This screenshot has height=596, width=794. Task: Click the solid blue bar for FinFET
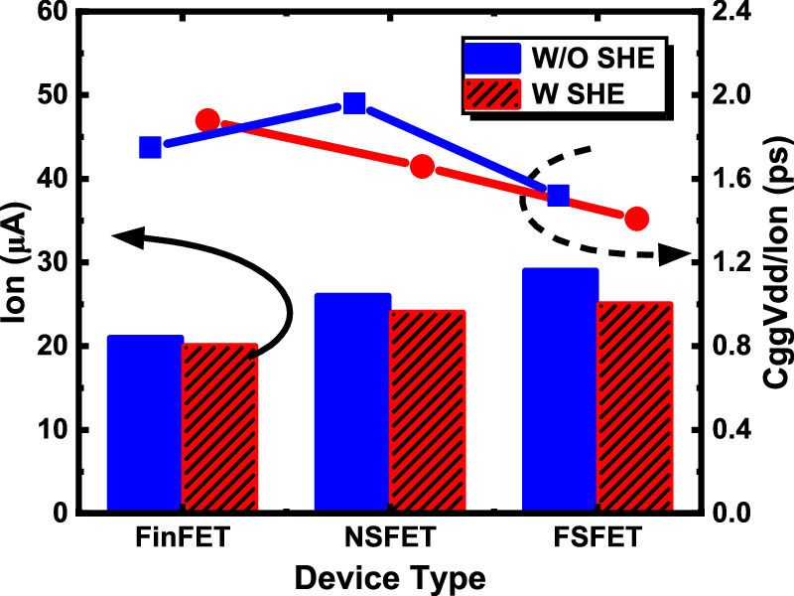(145, 424)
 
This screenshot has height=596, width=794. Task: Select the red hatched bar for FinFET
(219, 429)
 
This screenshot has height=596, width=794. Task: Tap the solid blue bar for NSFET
(353, 403)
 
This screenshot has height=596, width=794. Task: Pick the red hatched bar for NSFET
(427, 412)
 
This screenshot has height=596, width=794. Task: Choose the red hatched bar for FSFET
(635, 407)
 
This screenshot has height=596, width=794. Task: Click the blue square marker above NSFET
(354, 103)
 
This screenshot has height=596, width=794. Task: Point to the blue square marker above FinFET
(151, 147)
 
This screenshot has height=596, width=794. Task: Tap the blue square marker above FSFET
(559, 195)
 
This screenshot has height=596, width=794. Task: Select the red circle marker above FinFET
(207, 120)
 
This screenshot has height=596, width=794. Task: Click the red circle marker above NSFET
(422, 167)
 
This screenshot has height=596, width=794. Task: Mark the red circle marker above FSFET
(637, 219)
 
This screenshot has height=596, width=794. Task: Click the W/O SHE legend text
(605, 59)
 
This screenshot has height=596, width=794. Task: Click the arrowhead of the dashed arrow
(677, 255)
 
